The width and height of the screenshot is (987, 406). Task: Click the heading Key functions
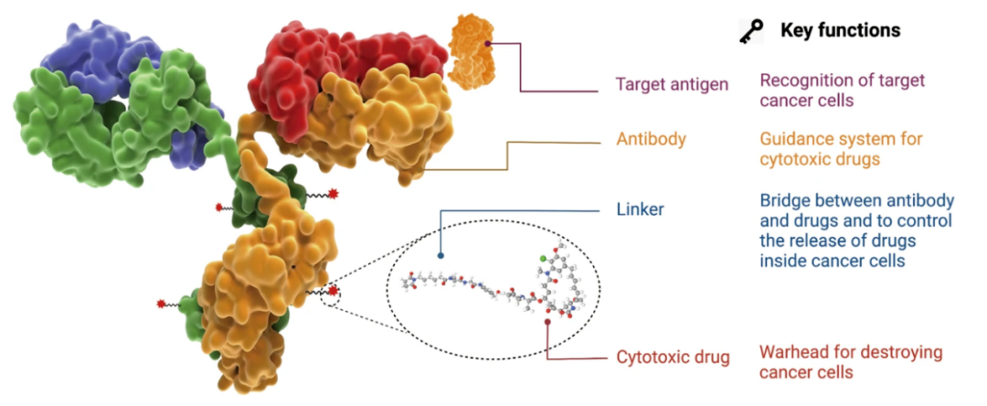coord(840,30)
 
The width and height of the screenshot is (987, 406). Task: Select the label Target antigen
coord(672,85)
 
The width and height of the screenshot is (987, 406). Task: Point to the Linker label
coord(640,210)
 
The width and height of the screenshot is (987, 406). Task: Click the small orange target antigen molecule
coord(472,50)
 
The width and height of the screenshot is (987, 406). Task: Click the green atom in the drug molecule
coord(542,260)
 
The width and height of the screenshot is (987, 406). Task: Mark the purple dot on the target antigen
coord(489,43)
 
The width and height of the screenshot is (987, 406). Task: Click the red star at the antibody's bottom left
coord(162,303)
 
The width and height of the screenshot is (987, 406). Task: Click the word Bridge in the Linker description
coord(783,201)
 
